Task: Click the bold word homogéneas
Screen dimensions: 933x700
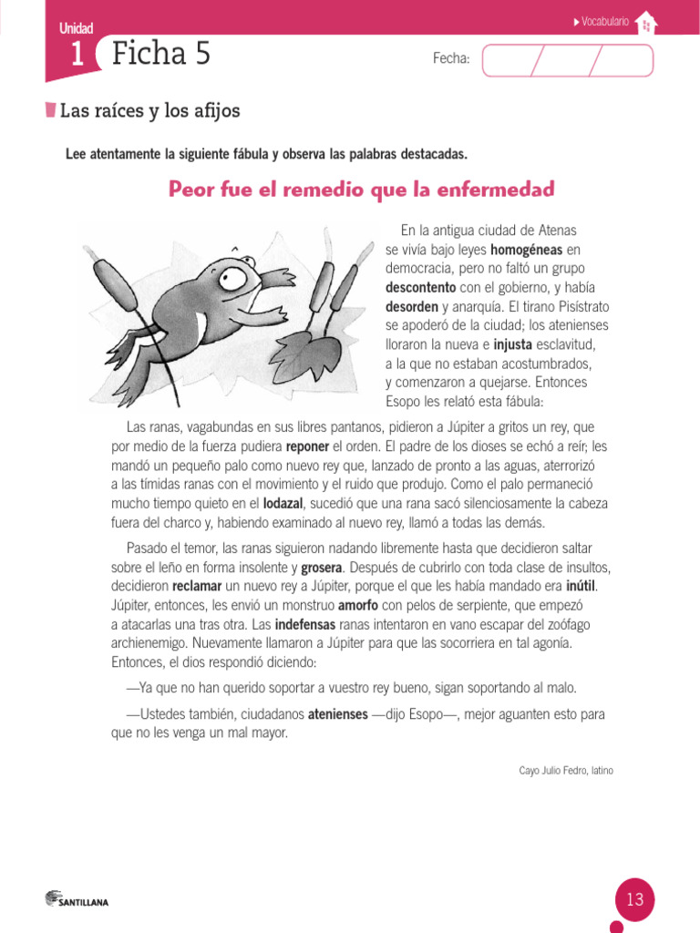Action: (526, 250)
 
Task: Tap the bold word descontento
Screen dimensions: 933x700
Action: (419, 288)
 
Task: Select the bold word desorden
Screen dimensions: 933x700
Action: (411, 307)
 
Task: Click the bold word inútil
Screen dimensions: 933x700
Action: (586, 586)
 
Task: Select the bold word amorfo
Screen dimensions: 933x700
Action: (358, 605)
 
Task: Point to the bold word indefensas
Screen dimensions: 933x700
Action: (305, 624)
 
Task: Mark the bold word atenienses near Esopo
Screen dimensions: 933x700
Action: (337, 714)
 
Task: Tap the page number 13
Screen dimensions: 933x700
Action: (634, 900)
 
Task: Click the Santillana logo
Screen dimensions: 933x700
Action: (77, 900)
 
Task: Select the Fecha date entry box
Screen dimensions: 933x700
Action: (567, 60)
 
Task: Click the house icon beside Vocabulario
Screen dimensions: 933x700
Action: (645, 23)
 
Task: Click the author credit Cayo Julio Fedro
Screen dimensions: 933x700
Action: (565, 771)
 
